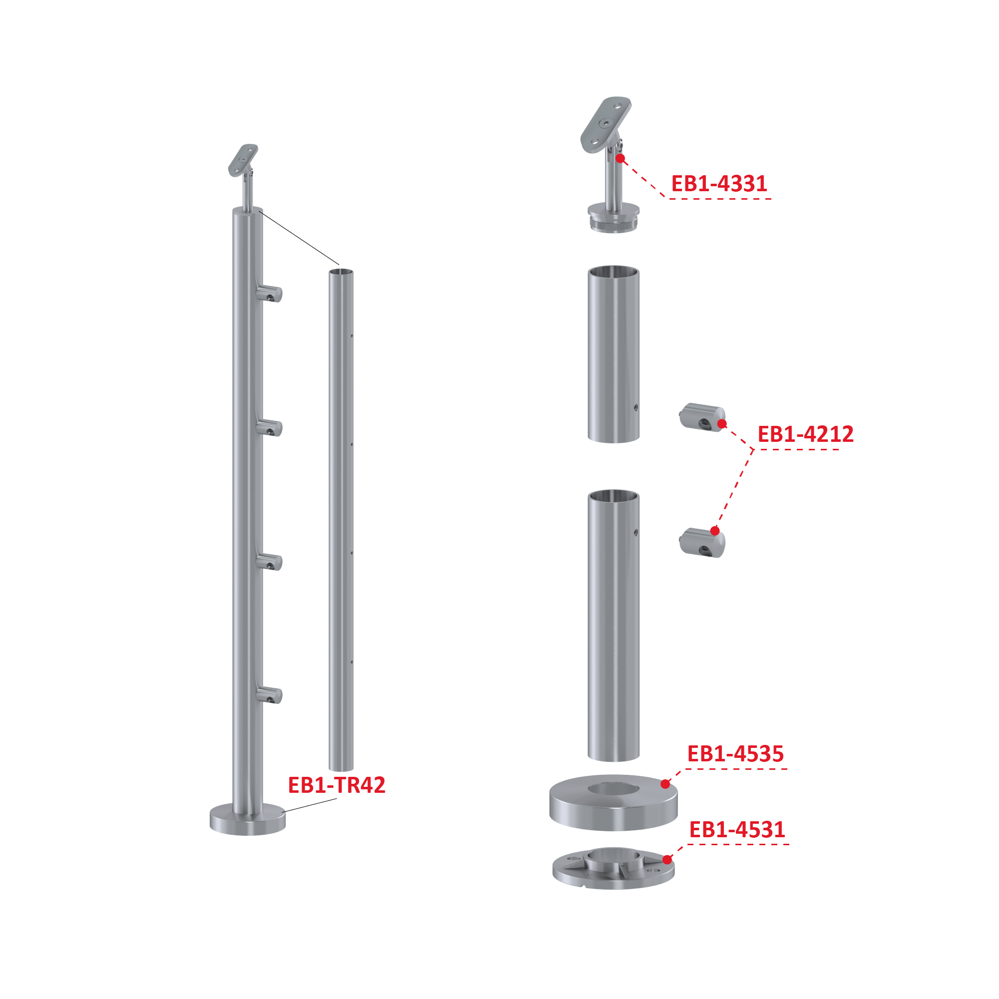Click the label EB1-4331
click(719, 184)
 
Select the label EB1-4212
click(805, 434)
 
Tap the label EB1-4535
click(735, 754)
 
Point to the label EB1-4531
click(737, 830)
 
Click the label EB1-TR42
click(336, 785)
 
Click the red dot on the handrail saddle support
click(621, 158)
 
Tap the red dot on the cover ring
click(666, 784)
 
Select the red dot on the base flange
click(667, 860)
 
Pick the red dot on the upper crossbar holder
click(722, 424)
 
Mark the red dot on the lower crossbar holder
click(715, 531)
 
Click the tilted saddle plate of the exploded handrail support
click(606, 125)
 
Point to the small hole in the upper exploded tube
click(636, 408)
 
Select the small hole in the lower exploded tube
click(636, 532)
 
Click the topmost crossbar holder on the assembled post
click(269, 294)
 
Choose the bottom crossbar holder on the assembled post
click(269, 695)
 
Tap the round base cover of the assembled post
click(248, 820)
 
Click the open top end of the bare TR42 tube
click(341, 272)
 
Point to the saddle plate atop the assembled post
click(243, 160)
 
